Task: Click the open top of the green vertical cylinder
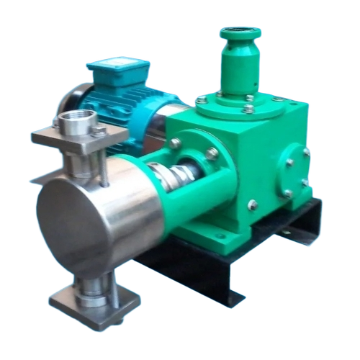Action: coord(240,32)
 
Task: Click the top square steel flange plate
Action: coord(72,137)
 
